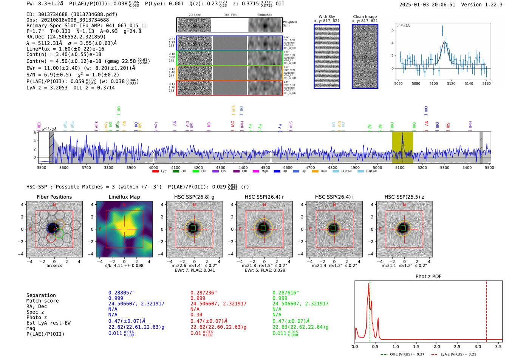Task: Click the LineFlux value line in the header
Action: coord(65,49)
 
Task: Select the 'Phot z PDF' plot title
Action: coord(428,277)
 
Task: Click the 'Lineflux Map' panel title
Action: coord(124,197)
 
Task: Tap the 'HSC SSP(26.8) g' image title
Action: coord(194,197)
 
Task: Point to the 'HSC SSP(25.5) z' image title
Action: coord(404,197)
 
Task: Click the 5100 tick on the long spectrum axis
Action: coord(400,167)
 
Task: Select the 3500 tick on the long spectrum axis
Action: coord(42,167)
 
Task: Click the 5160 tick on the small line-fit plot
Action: coord(486,83)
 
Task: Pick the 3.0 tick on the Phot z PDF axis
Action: coord(478,346)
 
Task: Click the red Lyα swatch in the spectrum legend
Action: coord(155,172)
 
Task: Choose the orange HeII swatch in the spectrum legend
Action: coord(315,172)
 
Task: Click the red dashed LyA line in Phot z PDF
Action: coord(486,310)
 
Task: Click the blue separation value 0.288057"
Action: coord(121,293)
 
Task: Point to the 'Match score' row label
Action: coord(42,301)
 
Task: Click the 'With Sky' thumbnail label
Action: coord(326,17)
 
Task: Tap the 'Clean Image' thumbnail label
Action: coord(365,17)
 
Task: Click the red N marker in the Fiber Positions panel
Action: coord(54,205)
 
